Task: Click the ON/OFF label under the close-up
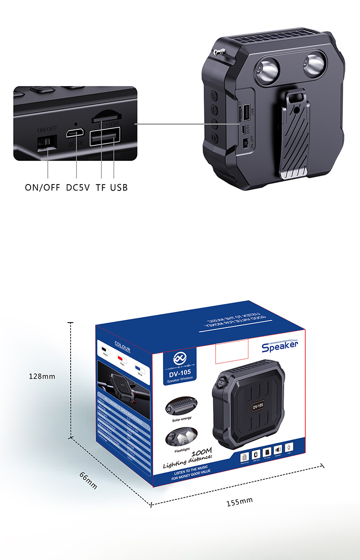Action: tap(42, 187)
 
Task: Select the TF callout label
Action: tap(101, 187)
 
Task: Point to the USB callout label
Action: tap(119, 187)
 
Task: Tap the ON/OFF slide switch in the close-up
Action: tap(47, 143)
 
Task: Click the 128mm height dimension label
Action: tap(42, 376)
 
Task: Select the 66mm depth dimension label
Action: tap(88, 481)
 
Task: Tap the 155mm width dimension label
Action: tap(240, 502)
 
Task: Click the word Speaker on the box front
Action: tap(280, 347)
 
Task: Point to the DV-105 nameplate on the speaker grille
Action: tap(258, 406)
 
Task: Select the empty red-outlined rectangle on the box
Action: tap(231, 350)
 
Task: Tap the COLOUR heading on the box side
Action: tap(122, 349)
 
